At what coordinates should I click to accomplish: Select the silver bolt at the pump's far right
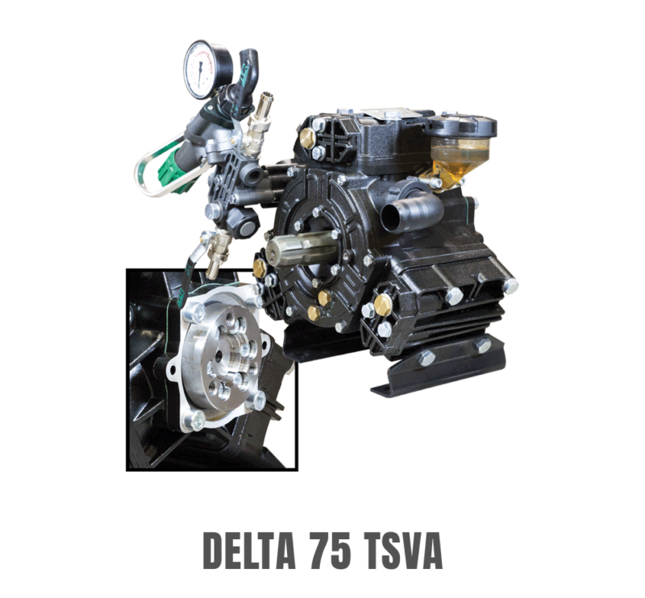[x=510, y=286]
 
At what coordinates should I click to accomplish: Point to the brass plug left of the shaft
[x=260, y=266]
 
